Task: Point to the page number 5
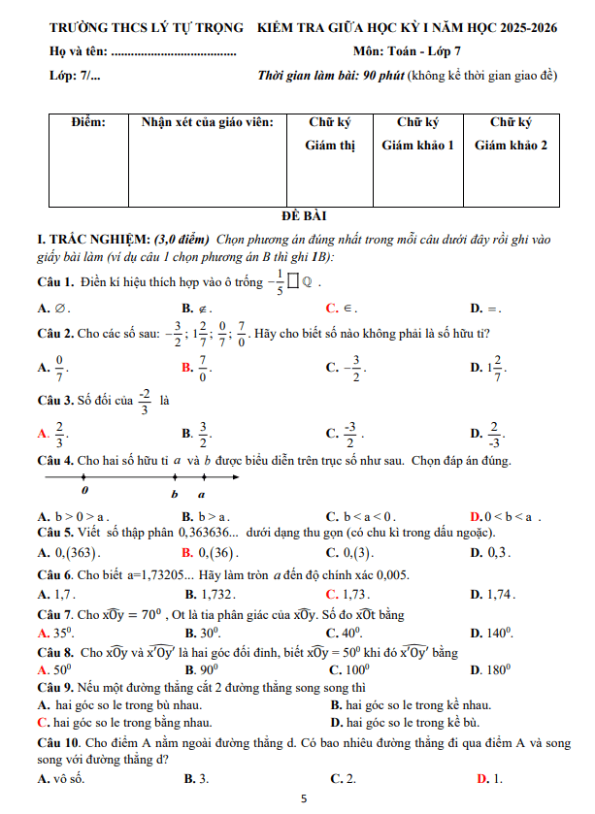point(304,798)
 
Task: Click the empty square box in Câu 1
point(293,283)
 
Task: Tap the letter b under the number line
point(175,494)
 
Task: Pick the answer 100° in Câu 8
point(354,670)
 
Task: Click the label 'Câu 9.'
point(54,689)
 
